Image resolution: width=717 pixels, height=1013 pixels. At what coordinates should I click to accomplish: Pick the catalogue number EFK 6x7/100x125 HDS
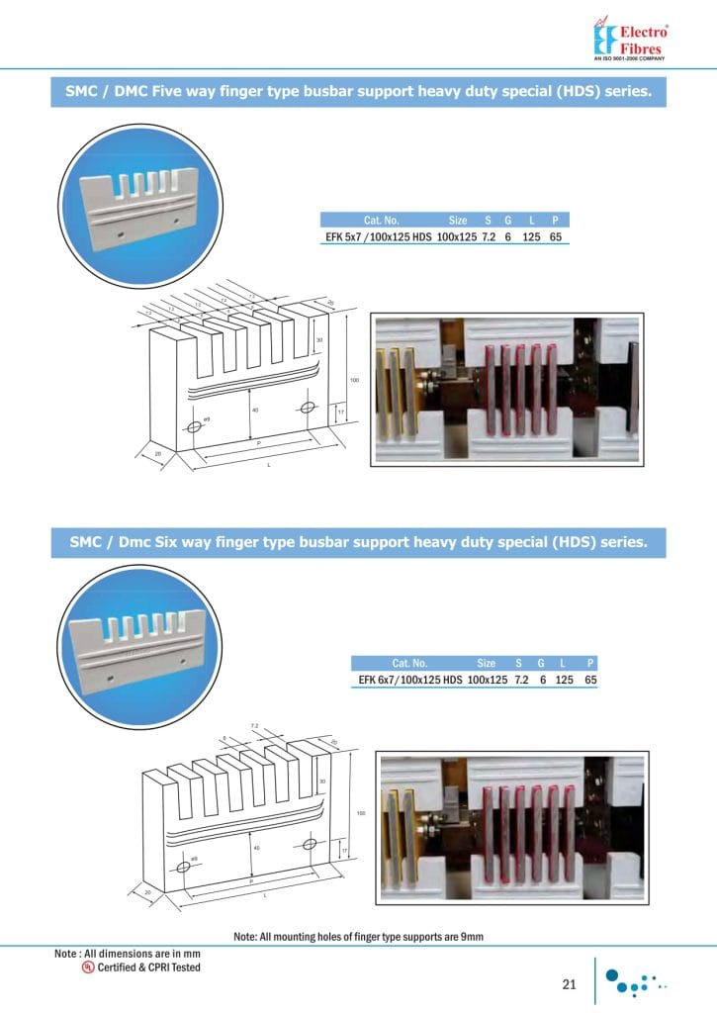coord(409,680)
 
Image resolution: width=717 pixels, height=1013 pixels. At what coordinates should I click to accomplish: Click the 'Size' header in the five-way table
coord(457,221)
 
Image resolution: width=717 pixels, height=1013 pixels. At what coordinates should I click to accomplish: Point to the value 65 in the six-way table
coord(590,680)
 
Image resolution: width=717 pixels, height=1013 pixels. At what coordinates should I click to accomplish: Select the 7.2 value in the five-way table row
coord(488,237)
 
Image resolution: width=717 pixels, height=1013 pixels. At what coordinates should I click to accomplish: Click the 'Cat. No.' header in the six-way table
coord(409,663)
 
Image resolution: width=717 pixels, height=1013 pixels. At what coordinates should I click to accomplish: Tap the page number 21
coord(569,983)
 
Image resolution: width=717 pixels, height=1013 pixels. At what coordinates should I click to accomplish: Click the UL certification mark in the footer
coord(88,967)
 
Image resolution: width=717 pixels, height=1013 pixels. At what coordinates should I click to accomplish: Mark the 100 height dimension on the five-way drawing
coord(353,380)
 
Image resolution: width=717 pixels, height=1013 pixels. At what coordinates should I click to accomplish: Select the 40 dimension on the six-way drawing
coord(257,848)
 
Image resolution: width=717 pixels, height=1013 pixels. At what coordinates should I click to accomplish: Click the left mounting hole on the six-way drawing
coord(183,866)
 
